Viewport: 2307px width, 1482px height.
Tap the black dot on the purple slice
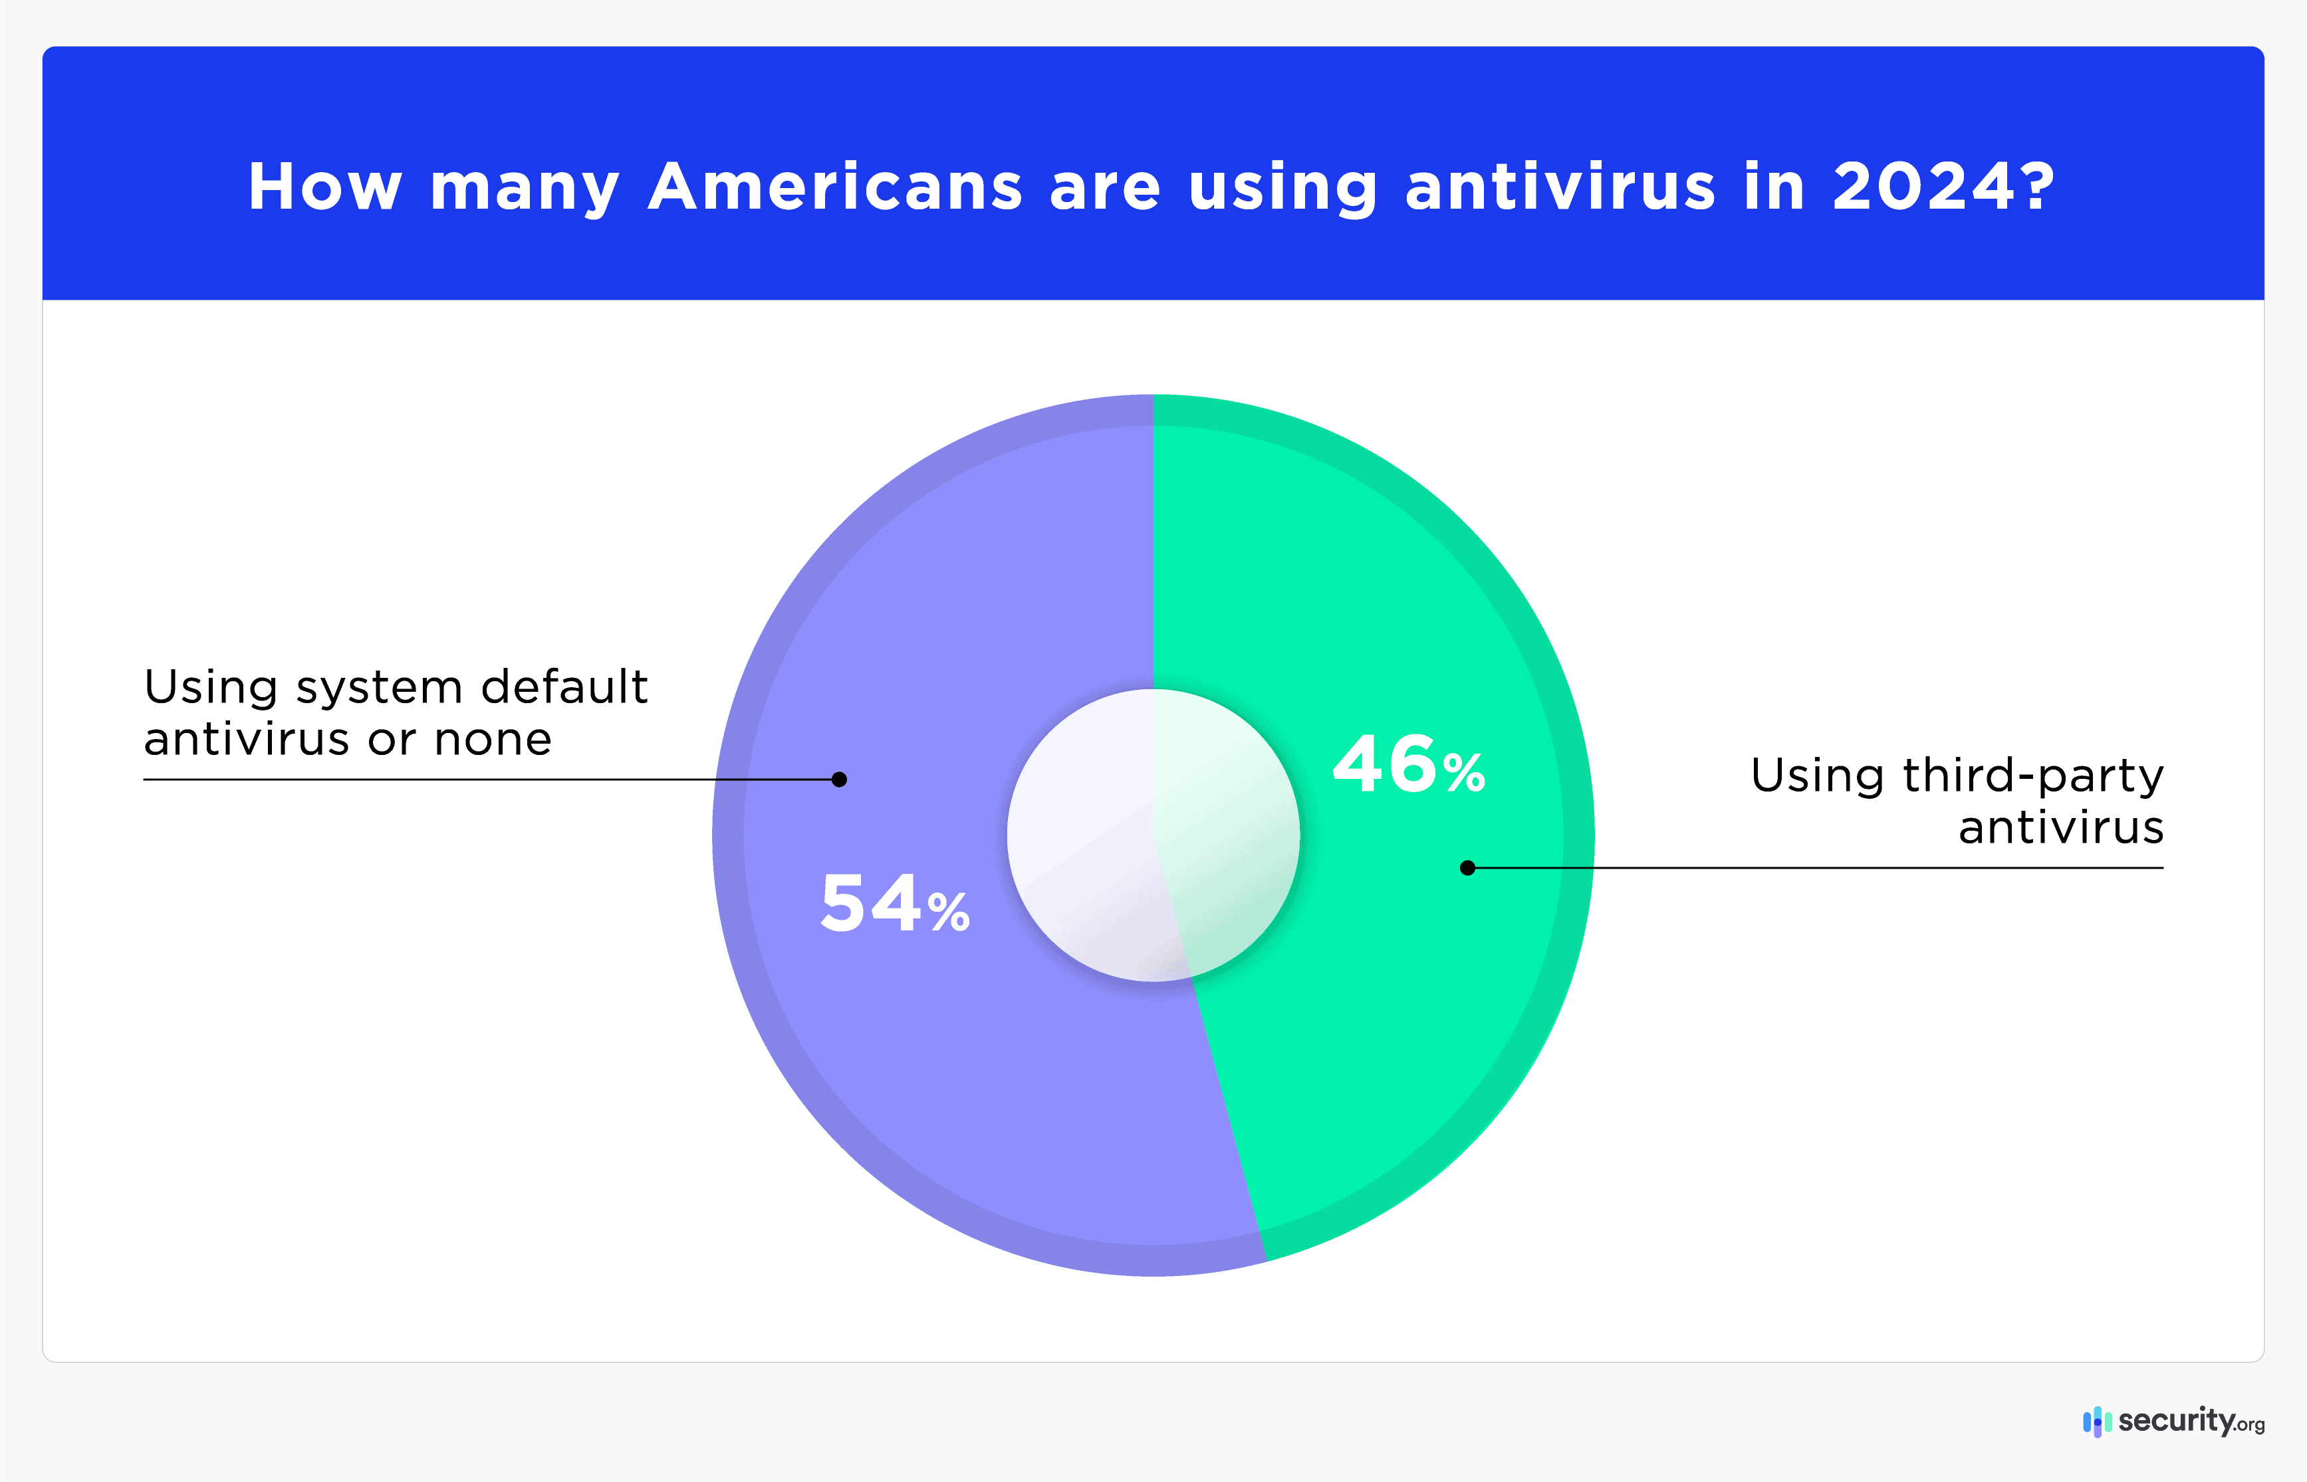[x=839, y=780]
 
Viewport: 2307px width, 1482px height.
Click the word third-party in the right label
[x=2032, y=776]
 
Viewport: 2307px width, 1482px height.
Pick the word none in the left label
[x=493, y=739]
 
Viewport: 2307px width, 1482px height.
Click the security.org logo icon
[x=2096, y=1422]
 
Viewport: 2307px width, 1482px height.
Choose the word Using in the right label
[x=1816, y=776]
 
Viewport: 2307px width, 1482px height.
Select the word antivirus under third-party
[x=2060, y=827]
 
